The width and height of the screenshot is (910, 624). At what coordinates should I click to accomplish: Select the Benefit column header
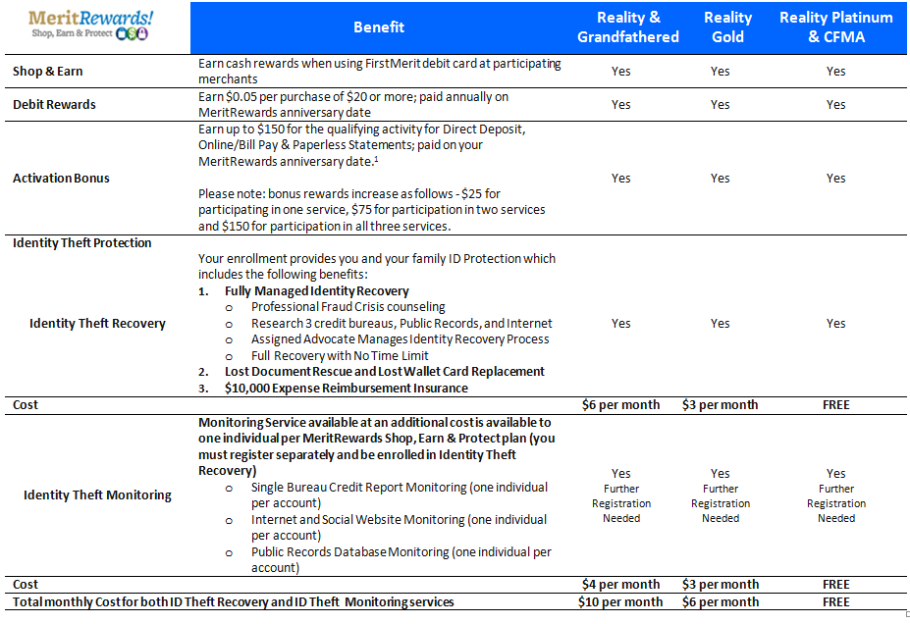379,27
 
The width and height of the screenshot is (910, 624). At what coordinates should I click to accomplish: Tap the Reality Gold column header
727,27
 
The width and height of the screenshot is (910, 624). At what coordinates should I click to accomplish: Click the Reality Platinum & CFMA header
835,27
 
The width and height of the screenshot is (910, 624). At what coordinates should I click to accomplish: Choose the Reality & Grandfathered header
627,27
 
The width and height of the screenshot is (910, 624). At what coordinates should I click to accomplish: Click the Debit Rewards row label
54,104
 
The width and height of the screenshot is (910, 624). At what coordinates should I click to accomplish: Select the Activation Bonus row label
61,179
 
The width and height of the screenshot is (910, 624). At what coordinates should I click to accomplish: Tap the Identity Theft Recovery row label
97,323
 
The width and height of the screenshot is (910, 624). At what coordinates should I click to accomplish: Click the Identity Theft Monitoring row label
97,495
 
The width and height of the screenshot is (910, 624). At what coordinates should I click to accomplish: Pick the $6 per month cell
620,404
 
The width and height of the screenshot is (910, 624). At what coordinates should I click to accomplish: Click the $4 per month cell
620,585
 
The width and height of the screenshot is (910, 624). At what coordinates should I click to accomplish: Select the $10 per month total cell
620,602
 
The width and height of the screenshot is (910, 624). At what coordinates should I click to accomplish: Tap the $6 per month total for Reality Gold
721,602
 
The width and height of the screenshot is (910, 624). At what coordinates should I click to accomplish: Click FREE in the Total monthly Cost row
835,602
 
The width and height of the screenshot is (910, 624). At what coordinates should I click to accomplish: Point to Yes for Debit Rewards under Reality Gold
721,104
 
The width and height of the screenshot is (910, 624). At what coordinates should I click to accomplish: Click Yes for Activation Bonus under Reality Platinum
835,179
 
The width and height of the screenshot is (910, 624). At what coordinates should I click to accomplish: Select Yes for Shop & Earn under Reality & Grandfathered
620,72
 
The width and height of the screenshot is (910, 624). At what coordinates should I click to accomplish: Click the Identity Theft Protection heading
81,243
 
